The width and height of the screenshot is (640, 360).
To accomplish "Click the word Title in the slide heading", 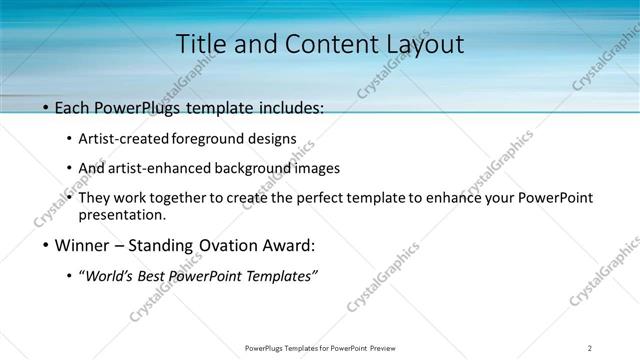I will [x=199, y=45].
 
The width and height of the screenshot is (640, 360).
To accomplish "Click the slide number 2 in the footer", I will [x=589, y=347].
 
